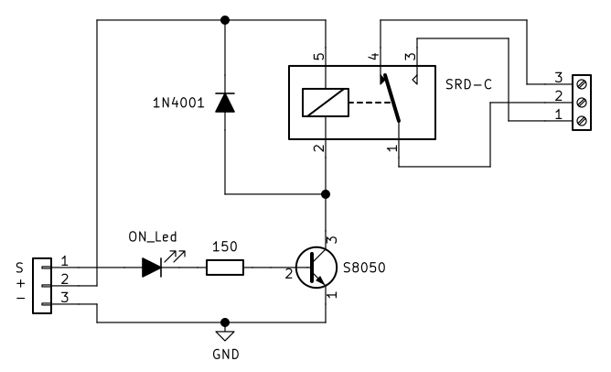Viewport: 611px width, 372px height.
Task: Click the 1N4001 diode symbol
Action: [225, 103]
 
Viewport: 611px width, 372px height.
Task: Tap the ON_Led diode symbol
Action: [152, 268]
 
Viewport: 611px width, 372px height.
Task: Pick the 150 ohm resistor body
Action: [224, 268]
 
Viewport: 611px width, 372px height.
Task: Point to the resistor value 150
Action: [224, 246]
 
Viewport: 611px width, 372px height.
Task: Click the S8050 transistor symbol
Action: [316, 268]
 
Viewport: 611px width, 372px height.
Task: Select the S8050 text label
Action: [363, 268]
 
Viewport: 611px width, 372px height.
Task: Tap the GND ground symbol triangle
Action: [225, 333]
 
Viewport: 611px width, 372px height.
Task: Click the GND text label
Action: [225, 353]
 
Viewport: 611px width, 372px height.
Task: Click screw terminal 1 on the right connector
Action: [582, 121]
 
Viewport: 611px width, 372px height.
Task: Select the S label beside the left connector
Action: [18, 268]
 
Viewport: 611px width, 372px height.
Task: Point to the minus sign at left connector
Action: [18, 299]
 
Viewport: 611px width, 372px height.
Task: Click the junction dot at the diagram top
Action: [225, 19]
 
